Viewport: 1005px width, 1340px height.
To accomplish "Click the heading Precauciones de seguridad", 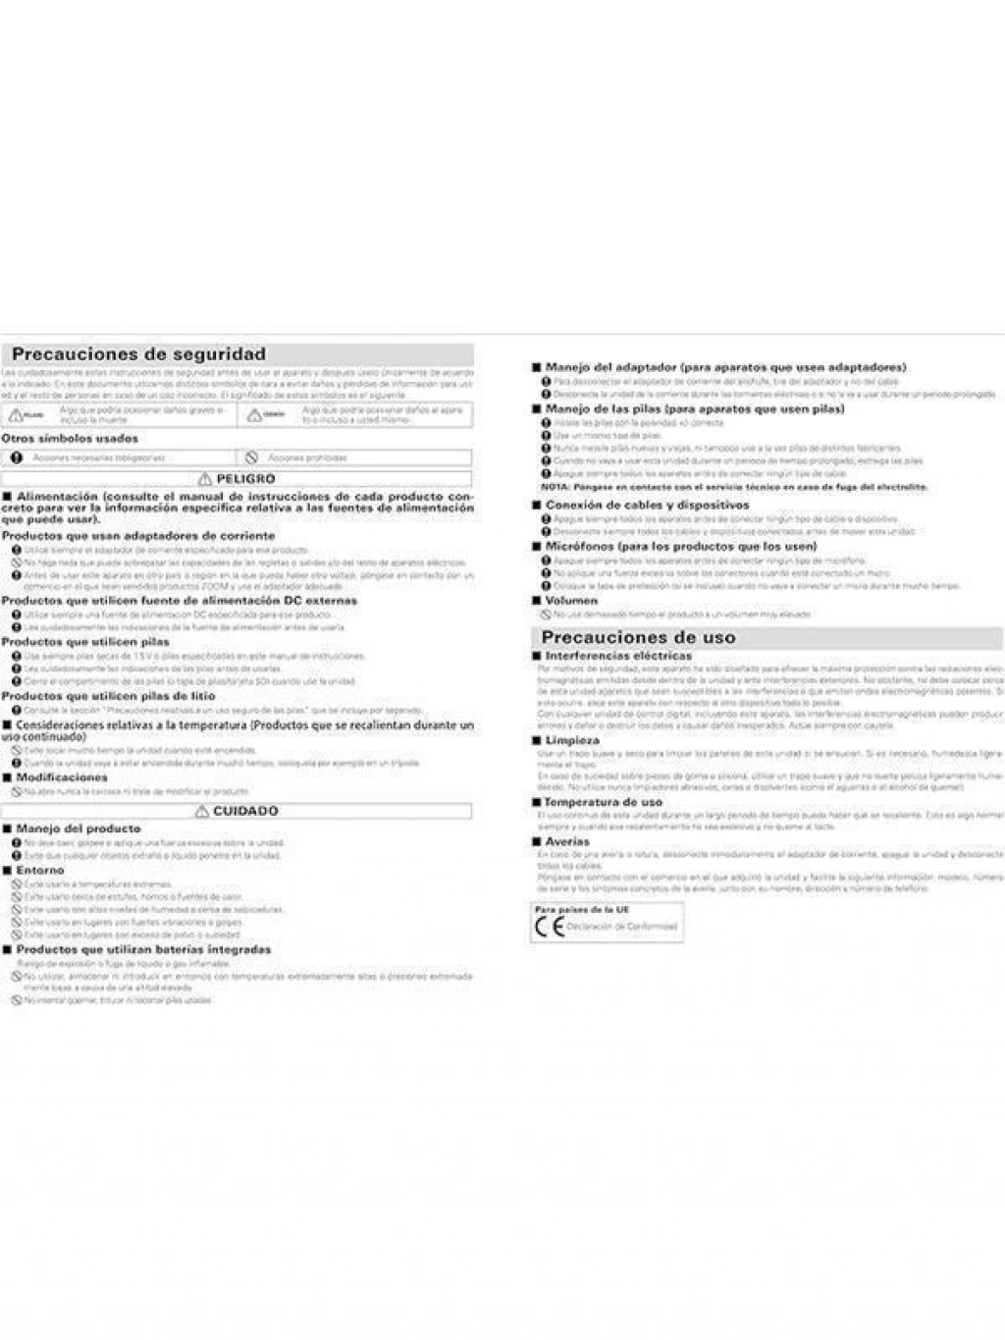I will coord(138,354).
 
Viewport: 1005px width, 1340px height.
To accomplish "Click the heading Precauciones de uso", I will coord(638,637).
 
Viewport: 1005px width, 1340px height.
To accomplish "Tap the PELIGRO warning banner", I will coord(237,479).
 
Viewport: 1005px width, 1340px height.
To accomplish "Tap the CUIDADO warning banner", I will coord(237,811).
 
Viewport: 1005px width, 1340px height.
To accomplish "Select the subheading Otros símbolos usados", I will coord(70,439).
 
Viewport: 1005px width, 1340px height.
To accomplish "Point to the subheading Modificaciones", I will coord(62,777).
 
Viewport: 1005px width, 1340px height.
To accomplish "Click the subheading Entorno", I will coord(39,870).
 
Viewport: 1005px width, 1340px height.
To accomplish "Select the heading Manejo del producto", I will coord(79,829).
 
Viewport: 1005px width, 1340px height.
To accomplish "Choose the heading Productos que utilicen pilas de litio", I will coord(108,695).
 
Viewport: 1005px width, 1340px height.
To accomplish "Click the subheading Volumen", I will coord(571,601).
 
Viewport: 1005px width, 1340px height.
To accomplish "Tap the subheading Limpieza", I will coord(572,740).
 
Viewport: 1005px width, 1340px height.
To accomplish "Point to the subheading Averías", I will coord(567,841).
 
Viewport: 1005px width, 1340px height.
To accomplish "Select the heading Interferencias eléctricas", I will coord(618,656).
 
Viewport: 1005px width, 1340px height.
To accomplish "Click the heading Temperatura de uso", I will coord(604,802).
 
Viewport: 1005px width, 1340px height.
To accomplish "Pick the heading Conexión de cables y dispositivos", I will coord(647,505).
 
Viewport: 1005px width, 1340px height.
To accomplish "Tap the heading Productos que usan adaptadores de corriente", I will coord(138,536).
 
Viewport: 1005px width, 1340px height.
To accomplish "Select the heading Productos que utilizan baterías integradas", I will coord(143,949).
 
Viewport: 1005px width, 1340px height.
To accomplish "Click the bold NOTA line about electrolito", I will coord(734,487).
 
